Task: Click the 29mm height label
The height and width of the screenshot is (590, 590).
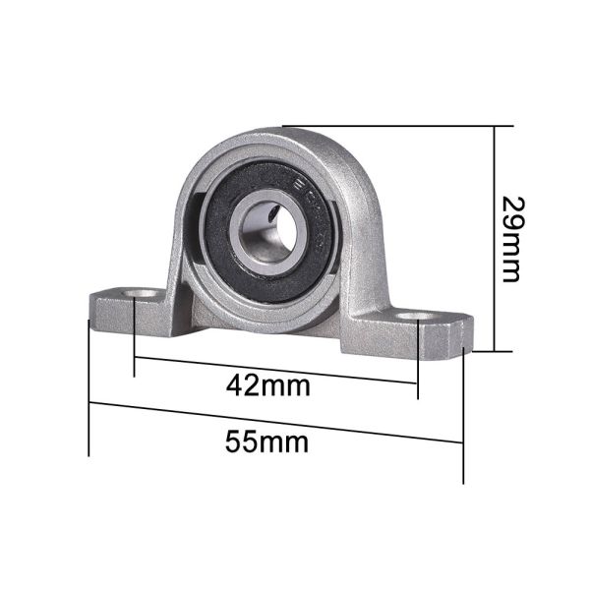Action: [510, 239]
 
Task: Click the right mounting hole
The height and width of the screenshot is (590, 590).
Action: [422, 319]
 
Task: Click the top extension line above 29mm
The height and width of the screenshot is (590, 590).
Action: [393, 126]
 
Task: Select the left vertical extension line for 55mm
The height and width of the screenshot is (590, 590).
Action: [89, 393]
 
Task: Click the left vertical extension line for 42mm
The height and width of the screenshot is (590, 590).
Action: [134, 339]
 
